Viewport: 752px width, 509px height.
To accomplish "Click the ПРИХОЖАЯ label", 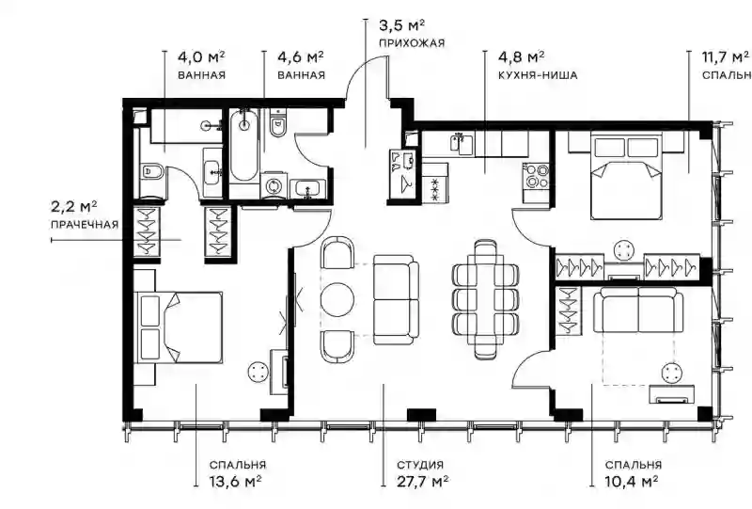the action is (412, 43).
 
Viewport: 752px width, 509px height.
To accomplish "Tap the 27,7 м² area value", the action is (422, 481).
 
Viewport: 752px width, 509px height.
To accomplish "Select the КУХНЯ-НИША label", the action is (538, 75).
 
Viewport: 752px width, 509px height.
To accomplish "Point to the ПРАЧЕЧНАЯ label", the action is (85, 225).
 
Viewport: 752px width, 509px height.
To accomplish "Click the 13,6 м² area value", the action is (235, 481).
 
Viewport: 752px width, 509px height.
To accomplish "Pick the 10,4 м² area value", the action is (631, 481).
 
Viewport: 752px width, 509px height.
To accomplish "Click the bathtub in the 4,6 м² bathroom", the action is (244, 145).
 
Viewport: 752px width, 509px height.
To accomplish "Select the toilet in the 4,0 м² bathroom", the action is (152, 172).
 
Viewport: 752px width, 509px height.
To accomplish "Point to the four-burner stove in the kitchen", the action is (536, 176).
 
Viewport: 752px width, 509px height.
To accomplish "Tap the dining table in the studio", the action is (485, 299).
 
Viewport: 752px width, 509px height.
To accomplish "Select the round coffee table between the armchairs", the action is (337, 299).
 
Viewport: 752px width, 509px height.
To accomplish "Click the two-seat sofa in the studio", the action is (396, 299).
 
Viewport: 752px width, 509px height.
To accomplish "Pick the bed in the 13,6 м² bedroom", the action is (180, 327).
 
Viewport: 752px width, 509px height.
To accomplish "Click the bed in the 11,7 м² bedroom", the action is (626, 175).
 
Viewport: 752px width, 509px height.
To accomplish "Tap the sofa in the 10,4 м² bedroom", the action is (638, 310).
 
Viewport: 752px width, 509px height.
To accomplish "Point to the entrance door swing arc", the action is (364, 67).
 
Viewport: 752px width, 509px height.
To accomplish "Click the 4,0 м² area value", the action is (201, 57).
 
